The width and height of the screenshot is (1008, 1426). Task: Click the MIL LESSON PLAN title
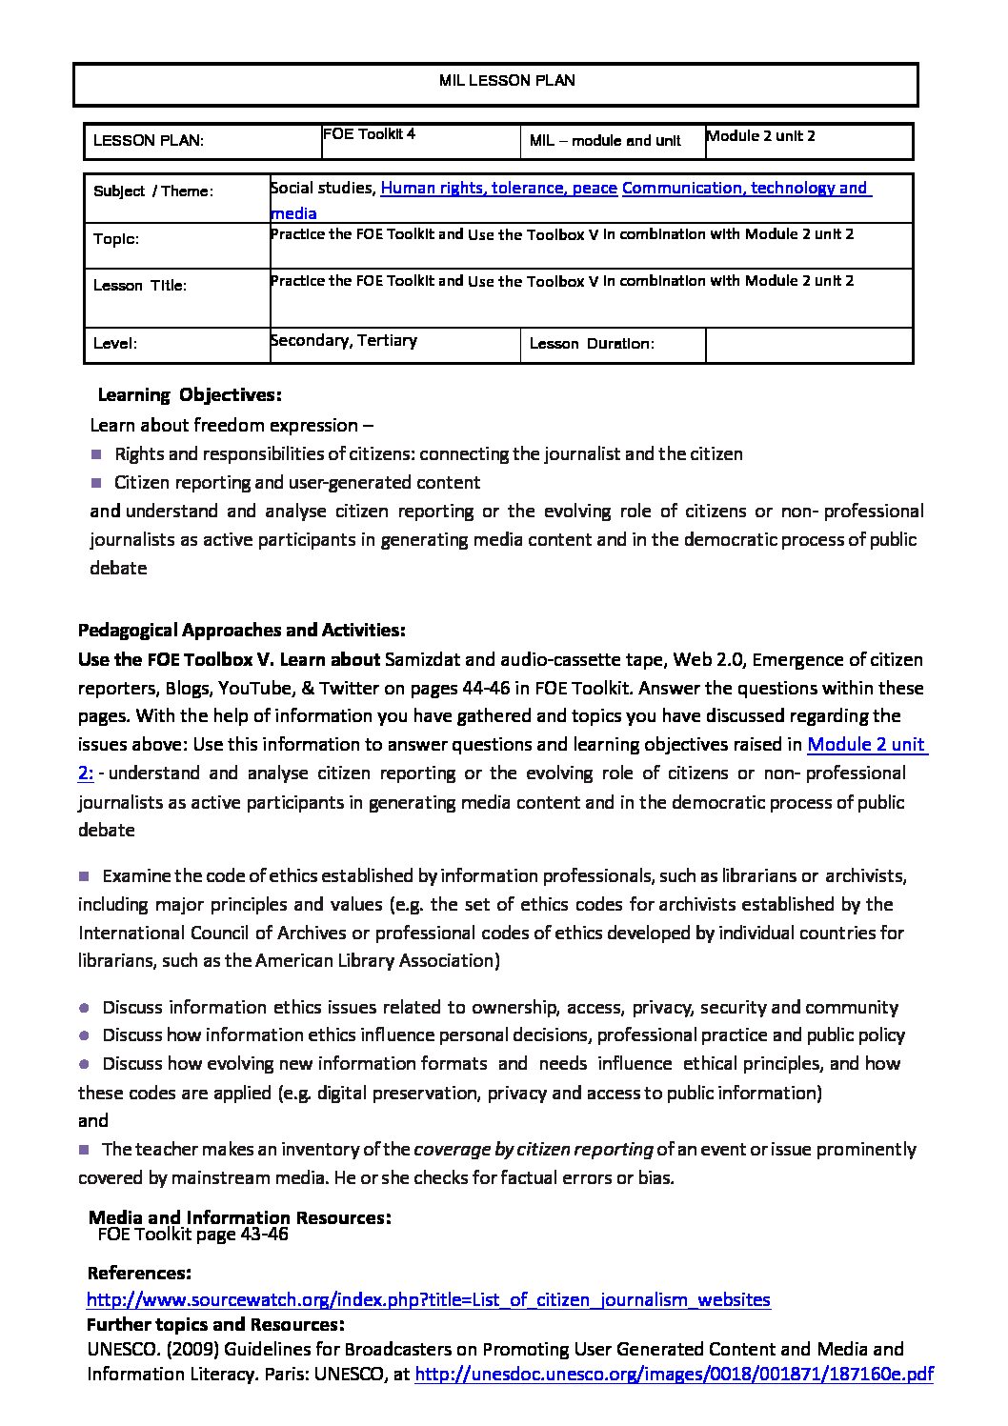pyautogui.click(x=507, y=81)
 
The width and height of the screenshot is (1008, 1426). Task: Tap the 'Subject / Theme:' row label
pyautogui.click(x=153, y=191)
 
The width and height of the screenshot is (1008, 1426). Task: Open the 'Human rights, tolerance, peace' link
pyautogui.click(x=498, y=188)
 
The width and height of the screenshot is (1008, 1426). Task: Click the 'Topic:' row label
pyautogui.click(x=116, y=239)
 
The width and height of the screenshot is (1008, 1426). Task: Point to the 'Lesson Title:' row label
pyautogui.click(x=140, y=286)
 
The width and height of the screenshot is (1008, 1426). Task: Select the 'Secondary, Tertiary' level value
pyautogui.click(x=344, y=340)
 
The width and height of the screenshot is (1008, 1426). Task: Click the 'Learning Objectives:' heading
pyautogui.click(x=190, y=394)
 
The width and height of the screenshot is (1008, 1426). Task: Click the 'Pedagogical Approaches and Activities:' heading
pyautogui.click(x=242, y=630)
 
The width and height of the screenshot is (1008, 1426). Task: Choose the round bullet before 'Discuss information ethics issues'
pyautogui.click(x=84, y=1007)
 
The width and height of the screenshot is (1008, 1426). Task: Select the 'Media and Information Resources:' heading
pyautogui.click(x=239, y=1216)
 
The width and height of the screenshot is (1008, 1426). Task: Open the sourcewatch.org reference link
pyautogui.click(x=428, y=1299)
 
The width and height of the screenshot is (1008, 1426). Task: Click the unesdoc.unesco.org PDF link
pyautogui.click(x=675, y=1374)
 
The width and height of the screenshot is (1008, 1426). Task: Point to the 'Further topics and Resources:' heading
pyautogui.click(x=215, y=1324)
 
